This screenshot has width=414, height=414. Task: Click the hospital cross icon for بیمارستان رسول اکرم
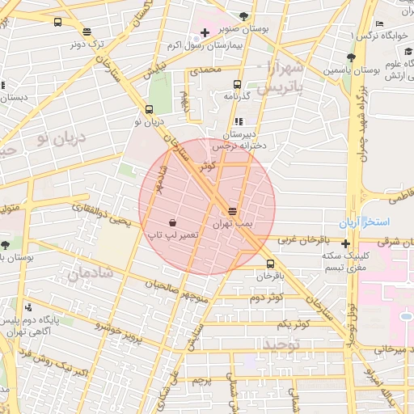[x=204, y=34]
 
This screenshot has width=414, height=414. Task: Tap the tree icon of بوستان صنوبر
[x=244, y=16]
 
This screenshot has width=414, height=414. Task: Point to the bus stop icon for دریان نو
[x=148, y=109]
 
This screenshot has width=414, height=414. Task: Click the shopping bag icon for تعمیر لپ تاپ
[x=173, y=222]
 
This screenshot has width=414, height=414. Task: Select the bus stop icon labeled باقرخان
[x=270, y=264]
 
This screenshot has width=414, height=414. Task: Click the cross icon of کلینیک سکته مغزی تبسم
[x=346, y=243]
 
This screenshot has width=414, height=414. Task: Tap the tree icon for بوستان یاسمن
[x=350, y=57]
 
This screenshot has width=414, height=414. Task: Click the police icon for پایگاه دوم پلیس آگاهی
[x=29, y=306]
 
